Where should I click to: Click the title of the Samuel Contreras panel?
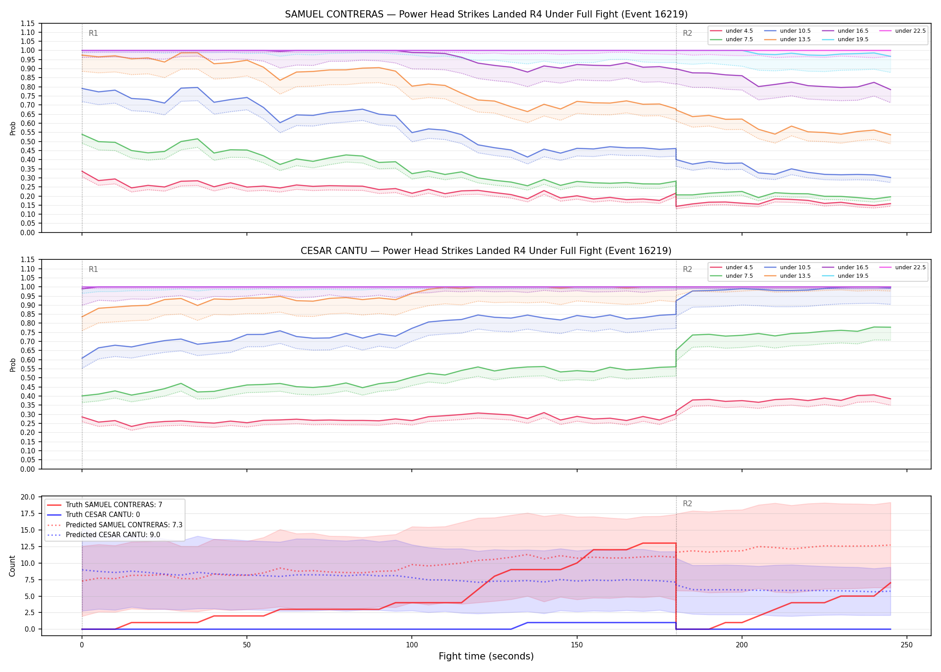[486, 14]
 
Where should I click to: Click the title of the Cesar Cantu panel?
[486, 251]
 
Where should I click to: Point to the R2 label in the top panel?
[687, 33]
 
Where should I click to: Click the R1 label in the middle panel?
[93, 269]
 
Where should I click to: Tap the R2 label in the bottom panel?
[687, 504]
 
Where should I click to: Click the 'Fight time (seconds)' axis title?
[486, 656]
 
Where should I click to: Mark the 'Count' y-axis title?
[13, 566]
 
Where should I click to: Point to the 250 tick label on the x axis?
[907, 645]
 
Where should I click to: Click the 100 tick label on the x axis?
[412, 645]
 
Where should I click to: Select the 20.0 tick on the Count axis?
[28, 497]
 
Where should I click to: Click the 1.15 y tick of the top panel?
[28, 23]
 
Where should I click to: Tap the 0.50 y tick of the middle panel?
[28, 378]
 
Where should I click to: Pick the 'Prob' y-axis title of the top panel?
[13, 128]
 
